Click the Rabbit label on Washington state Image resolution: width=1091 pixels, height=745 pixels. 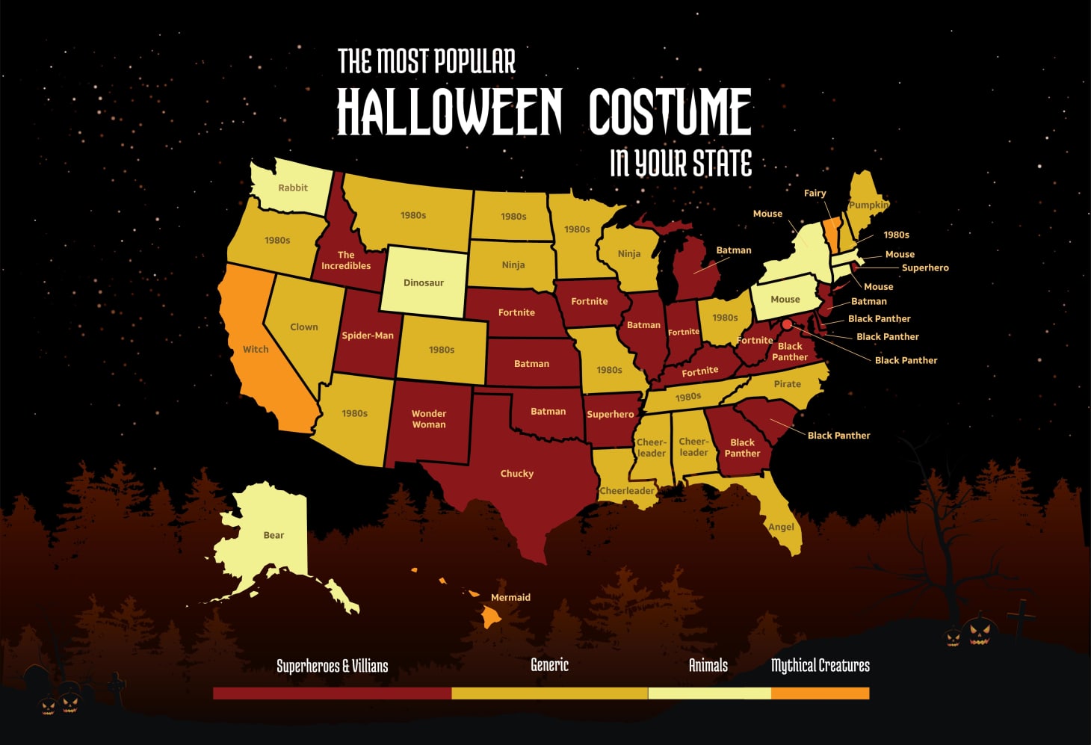(293, 188)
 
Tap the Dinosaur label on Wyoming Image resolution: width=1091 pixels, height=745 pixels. (424, 282)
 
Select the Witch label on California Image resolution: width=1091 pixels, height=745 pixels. (256, 349)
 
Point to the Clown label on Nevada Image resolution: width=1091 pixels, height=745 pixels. (304, 327)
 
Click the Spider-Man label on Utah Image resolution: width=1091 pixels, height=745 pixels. (368, 336)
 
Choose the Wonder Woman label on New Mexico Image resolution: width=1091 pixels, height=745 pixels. (429, 418)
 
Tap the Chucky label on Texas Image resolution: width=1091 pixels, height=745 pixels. (517, 473)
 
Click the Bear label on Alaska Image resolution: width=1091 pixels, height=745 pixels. (273, 535)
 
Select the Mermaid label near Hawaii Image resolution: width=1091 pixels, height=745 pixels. (510, 597)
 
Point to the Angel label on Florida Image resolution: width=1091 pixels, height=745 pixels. (782, 527)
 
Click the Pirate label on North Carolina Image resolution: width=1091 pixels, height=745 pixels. (788, 383)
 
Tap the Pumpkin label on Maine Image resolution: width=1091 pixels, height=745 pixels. (869, 205)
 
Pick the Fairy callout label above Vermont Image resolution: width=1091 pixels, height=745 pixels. (815, 193)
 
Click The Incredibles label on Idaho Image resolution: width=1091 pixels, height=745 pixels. (346, 260)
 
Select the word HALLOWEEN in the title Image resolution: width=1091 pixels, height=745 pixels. (449, 112)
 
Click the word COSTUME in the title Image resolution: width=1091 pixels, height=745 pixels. (670, 112)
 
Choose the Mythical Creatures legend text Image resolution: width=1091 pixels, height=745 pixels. (820, 665)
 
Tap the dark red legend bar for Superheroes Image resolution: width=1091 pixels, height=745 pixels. (332, 693)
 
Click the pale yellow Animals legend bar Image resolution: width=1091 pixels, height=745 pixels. (709, 693)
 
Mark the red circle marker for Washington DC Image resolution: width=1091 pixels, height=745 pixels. (787, 324)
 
